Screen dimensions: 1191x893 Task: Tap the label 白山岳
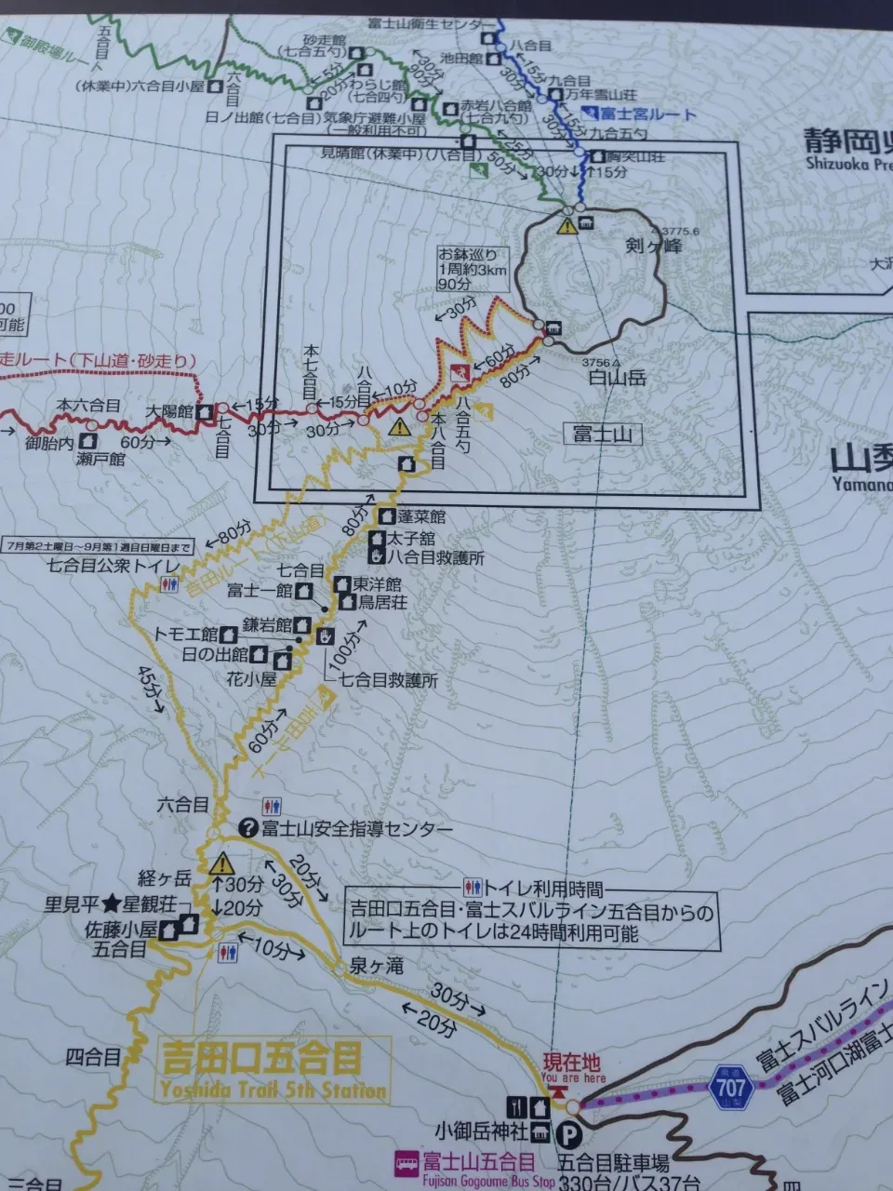coord(617,380)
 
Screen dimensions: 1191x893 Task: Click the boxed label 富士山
coord(596,434)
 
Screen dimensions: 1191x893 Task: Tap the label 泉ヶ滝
coord(377,967)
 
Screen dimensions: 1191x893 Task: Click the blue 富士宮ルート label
coord(647,114)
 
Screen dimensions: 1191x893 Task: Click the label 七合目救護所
coord(388,680)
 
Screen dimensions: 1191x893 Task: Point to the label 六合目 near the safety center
coord(182,805)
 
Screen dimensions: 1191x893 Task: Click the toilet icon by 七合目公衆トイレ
coord(168,583)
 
